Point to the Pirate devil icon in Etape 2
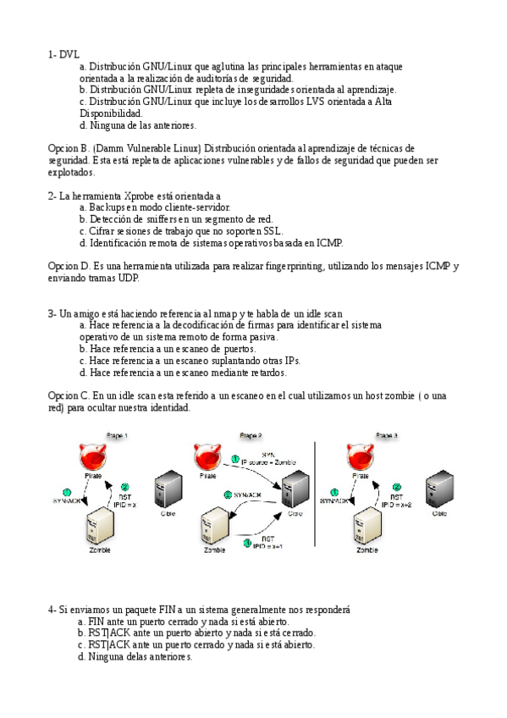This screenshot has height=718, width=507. (207, 458)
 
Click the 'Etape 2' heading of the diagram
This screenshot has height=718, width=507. (251, 435)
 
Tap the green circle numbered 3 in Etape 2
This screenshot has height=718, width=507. (228, 494)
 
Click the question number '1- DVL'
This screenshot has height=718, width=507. (63, 54)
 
